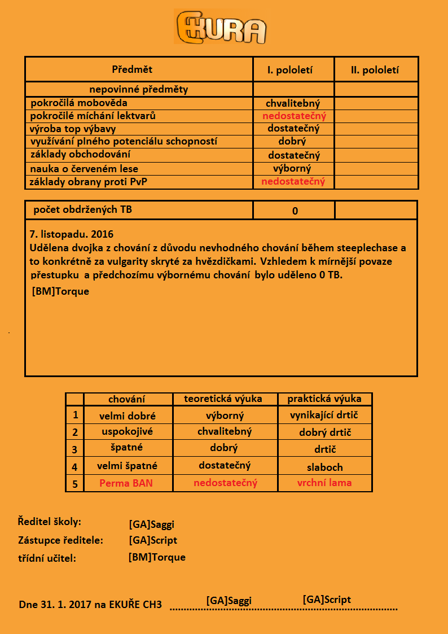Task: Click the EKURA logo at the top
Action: coord(221,27)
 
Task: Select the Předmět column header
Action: coord(132,69)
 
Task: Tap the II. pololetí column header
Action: coord(375,71)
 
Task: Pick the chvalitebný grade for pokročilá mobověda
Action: coord(293,103)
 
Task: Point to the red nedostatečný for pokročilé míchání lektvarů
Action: coord(294,116)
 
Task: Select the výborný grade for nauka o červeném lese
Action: coord(292,168)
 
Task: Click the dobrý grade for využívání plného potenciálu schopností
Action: coord(292,141)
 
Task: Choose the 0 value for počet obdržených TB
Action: coord(295,211)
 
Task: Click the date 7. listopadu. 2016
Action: coord(71,233)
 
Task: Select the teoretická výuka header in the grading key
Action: coord(223,399)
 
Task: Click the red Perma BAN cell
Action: coord(126,483)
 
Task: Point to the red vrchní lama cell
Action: coord(324,483)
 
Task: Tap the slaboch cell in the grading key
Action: coord(324,467)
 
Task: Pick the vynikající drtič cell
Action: coord(324,415)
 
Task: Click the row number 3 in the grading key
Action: coord(74,450)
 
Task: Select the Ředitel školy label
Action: coord(50,522)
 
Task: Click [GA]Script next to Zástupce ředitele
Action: coord(153,540)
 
